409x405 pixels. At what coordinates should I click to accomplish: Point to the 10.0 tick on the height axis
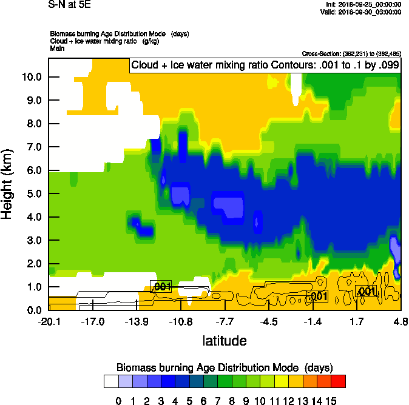click(31, 77)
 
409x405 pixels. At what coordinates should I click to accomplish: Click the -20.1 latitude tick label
click(49, 321)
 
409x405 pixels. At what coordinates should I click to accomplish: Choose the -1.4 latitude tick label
click(313, 321)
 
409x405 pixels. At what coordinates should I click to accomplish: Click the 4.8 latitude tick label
click(401, 321)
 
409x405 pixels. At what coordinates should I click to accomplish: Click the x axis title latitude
click(225, 341)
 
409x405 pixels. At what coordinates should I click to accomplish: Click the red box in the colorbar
click(339, 381)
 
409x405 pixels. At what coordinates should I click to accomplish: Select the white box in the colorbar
click(111, 381)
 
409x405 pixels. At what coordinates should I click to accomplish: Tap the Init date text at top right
click(363, 4)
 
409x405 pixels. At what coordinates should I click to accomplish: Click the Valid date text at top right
click(363, 12)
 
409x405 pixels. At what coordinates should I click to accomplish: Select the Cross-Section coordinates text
click(351, 54)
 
